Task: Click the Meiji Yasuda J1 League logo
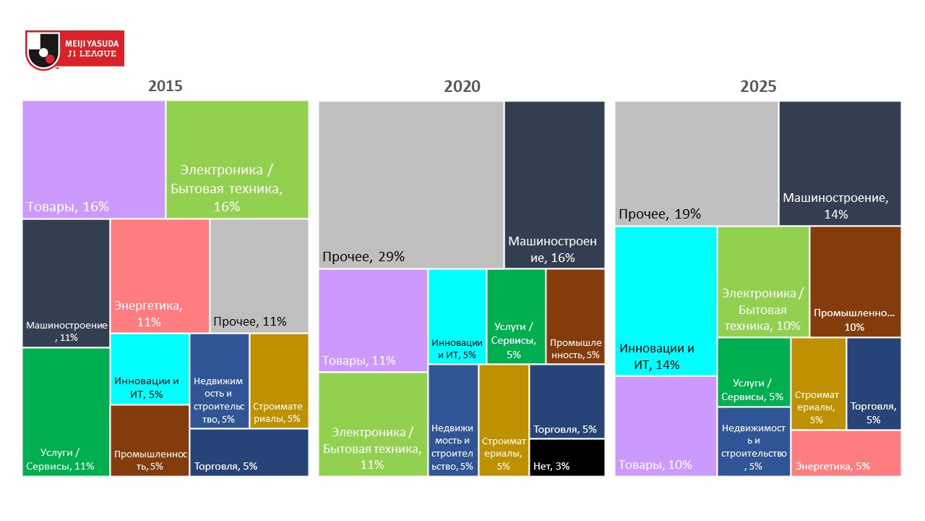pos(74,50)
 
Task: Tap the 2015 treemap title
pos(165,86)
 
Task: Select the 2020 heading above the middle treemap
pos(462,87)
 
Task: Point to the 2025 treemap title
pos(758,87)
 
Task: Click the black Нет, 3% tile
pos(567,457)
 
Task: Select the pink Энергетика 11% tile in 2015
pos(160,275)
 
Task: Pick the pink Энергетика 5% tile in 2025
pos(846,453)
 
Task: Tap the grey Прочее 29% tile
pos(411,185)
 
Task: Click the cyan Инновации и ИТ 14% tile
pos(666,300)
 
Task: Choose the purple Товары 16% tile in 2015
pos(94,159)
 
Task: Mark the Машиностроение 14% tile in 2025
pos(840,163)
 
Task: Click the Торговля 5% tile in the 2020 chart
pos(567,402)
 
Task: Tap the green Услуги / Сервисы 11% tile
pos(66,411)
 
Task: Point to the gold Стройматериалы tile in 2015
pos(279,380)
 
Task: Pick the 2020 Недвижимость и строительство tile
pos(453,420)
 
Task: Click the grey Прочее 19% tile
pos(696,163)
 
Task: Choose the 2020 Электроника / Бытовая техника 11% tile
pos(373,423)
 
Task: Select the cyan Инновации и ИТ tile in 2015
pos(150,368)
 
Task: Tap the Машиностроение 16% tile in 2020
pos(554,185)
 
